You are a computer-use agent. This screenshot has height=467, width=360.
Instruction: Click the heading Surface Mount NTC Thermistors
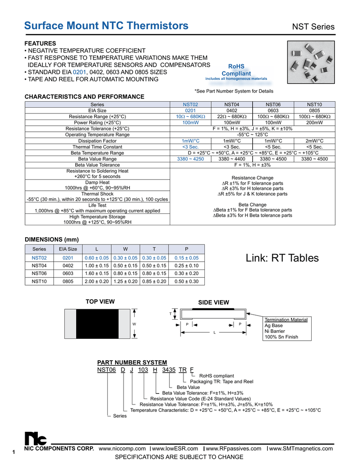[106, 26]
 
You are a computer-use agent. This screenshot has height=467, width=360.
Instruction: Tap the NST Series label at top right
[313, 27]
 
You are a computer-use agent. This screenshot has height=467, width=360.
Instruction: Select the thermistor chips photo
[311, 62]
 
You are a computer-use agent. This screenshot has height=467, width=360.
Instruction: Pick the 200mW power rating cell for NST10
[314, 123]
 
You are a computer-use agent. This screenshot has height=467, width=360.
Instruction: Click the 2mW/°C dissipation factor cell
[314, 141]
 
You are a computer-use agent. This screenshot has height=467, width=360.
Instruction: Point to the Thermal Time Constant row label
[97, 147]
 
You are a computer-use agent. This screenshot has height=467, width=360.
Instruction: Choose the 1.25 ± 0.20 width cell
[125, 281]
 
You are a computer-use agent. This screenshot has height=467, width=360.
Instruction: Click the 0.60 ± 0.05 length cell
[97, 258]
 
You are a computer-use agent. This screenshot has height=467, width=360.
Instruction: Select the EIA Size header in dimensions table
[68, 249]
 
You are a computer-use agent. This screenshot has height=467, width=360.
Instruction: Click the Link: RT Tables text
[282, 258]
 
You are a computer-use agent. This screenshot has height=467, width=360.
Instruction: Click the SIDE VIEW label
[213, 302]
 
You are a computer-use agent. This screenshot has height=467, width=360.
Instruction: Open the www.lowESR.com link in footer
[175, 449]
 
